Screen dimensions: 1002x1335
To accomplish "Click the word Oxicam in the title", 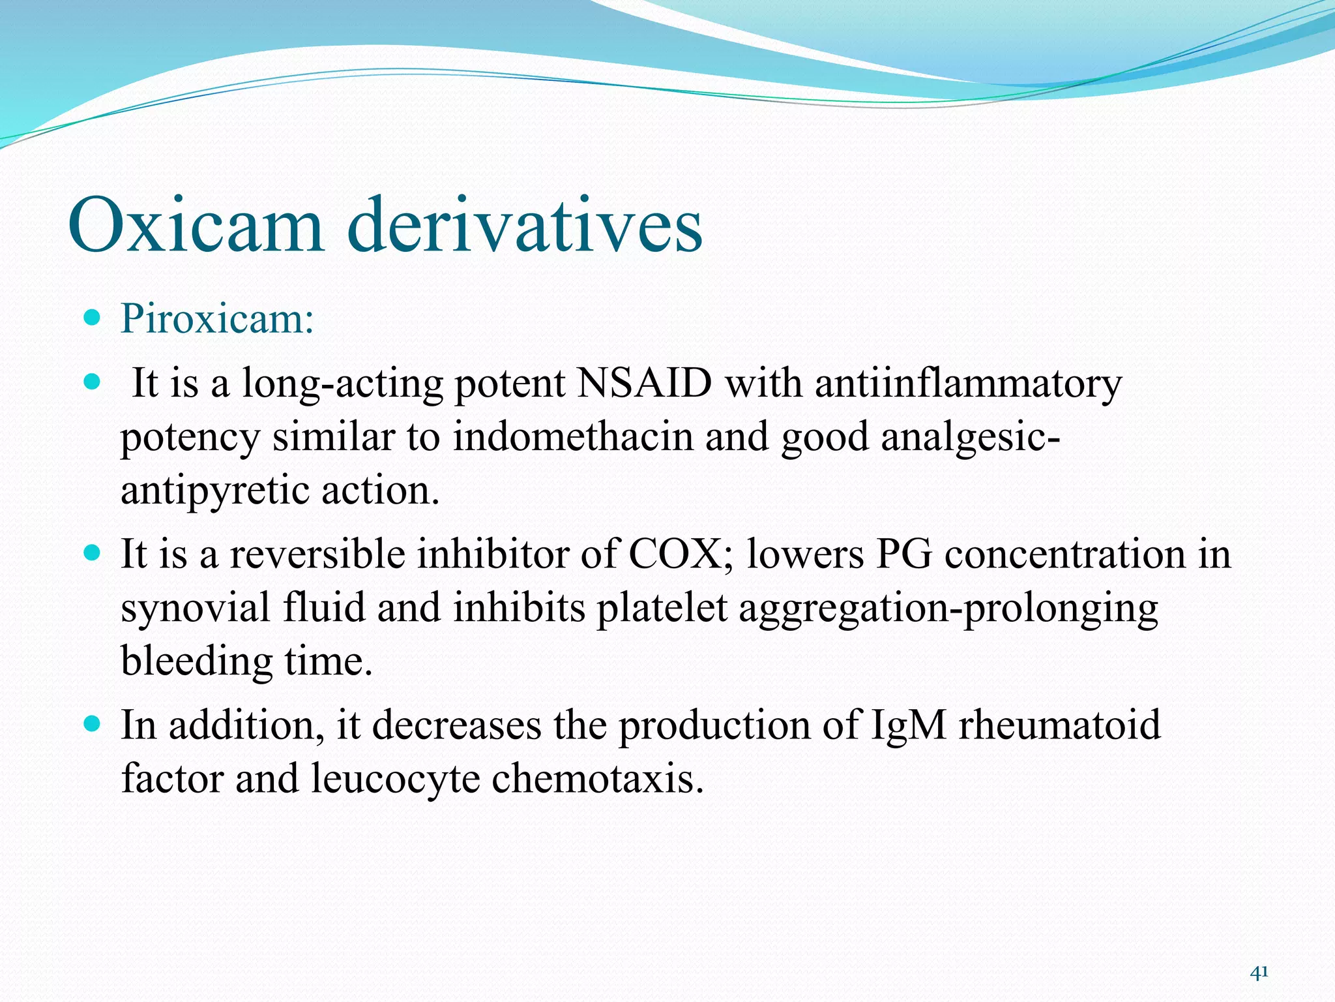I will pos(196,225).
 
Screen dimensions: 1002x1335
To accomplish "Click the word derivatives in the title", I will pos(525,225).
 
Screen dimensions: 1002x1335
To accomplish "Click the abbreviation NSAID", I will pos(644,383).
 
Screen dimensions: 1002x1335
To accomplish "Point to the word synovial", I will pos(196,609).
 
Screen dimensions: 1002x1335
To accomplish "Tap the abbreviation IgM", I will pos(908,725).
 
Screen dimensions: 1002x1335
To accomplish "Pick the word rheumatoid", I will pos(1059,725).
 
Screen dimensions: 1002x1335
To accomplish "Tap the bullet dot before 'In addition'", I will pos(93,723).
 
